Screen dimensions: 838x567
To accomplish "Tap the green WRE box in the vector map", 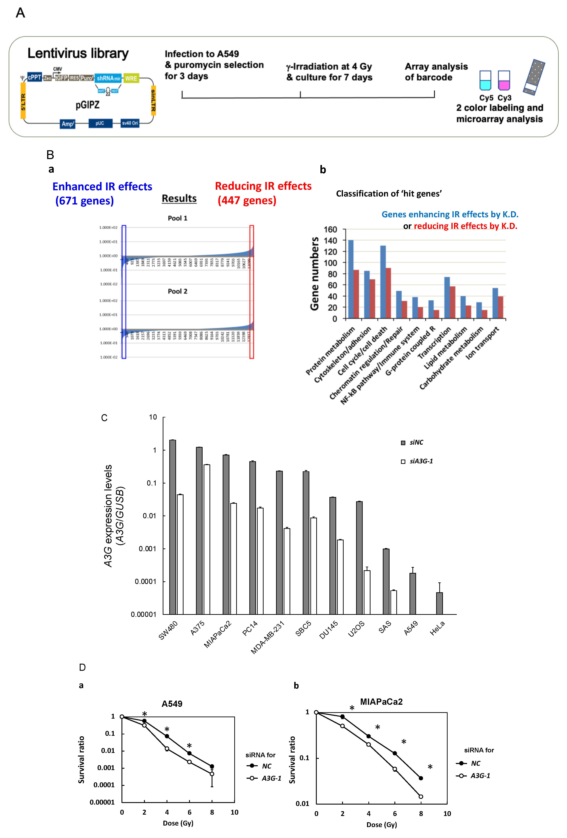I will (131, 78).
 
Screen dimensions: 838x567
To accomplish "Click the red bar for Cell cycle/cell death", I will (388, 293).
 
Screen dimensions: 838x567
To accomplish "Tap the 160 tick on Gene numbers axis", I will (330, 230).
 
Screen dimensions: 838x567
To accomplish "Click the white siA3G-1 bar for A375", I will (207, 539).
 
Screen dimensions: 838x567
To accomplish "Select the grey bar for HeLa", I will (439, 603).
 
